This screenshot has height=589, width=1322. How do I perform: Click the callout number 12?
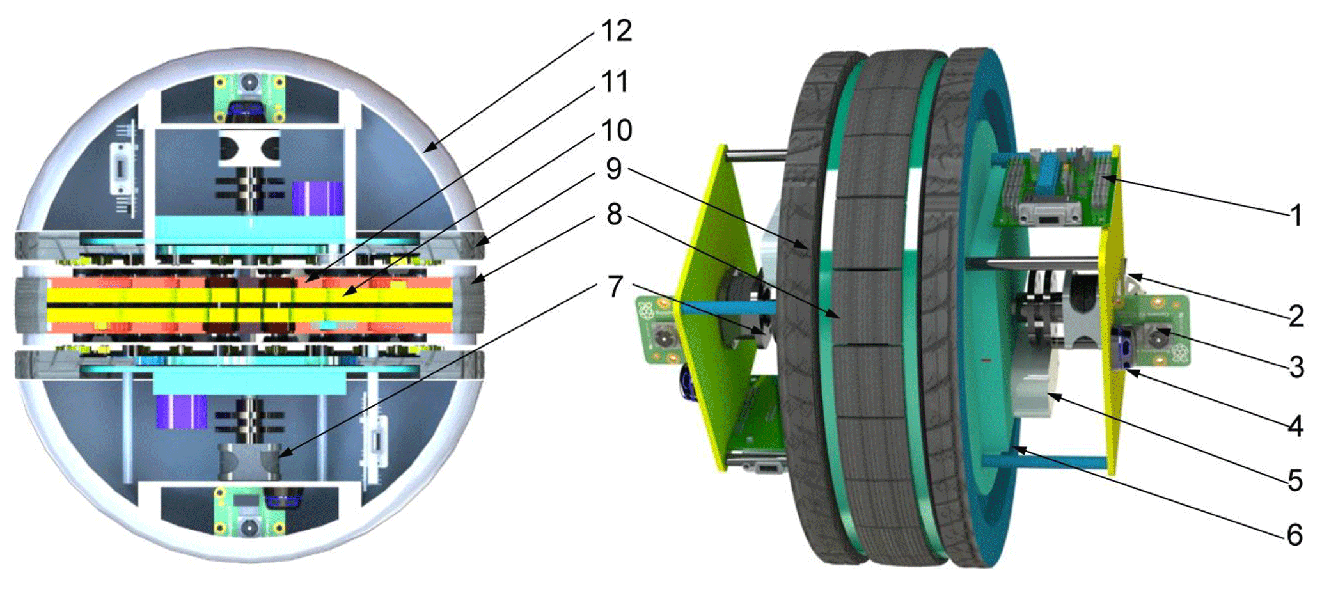pos(616,31)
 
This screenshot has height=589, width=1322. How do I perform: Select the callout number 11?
pos(615,82)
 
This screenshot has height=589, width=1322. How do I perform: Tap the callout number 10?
pos(617,130)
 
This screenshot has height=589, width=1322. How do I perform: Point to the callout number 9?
pos(613,169)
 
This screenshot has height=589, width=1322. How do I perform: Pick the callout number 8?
pos(614,215)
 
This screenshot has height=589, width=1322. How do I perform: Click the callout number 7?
pos(615,287)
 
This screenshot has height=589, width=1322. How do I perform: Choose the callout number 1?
pos(1296,216)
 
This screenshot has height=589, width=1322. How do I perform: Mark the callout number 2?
pos(1296,316)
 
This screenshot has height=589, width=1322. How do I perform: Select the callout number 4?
pos(1296,425)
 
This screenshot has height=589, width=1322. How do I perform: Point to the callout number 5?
pos(1296,480)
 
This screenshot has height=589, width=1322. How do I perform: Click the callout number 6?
pos(1296,535)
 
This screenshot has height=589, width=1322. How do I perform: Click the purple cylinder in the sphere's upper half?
pos(318,198)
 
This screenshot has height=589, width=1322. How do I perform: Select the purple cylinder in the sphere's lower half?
pos(181,411)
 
